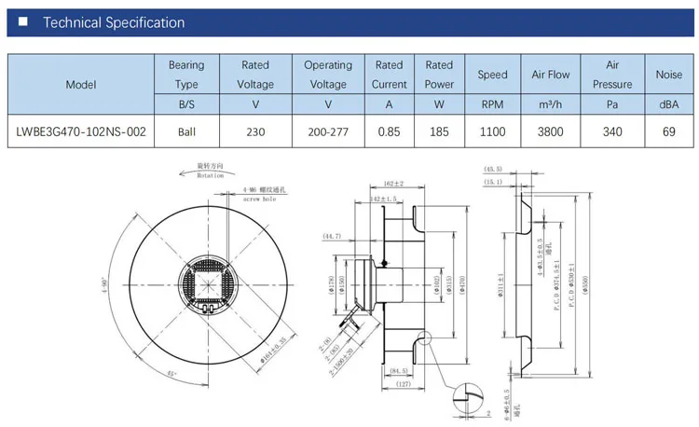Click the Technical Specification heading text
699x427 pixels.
(114, 22)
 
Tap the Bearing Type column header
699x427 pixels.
(186, 75)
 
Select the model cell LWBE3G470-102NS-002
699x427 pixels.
(81, 131)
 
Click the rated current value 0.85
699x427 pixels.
(389, 131)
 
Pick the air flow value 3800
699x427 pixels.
(550, 131)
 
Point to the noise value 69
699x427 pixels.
(668, 131)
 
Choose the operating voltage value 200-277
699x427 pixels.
(327, 131)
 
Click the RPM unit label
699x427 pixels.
(492, 104)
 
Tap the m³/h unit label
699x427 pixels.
(550, 104)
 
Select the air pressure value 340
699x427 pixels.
(612, 131)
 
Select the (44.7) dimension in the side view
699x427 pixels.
(333, 237)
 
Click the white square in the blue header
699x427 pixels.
(23, 22)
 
